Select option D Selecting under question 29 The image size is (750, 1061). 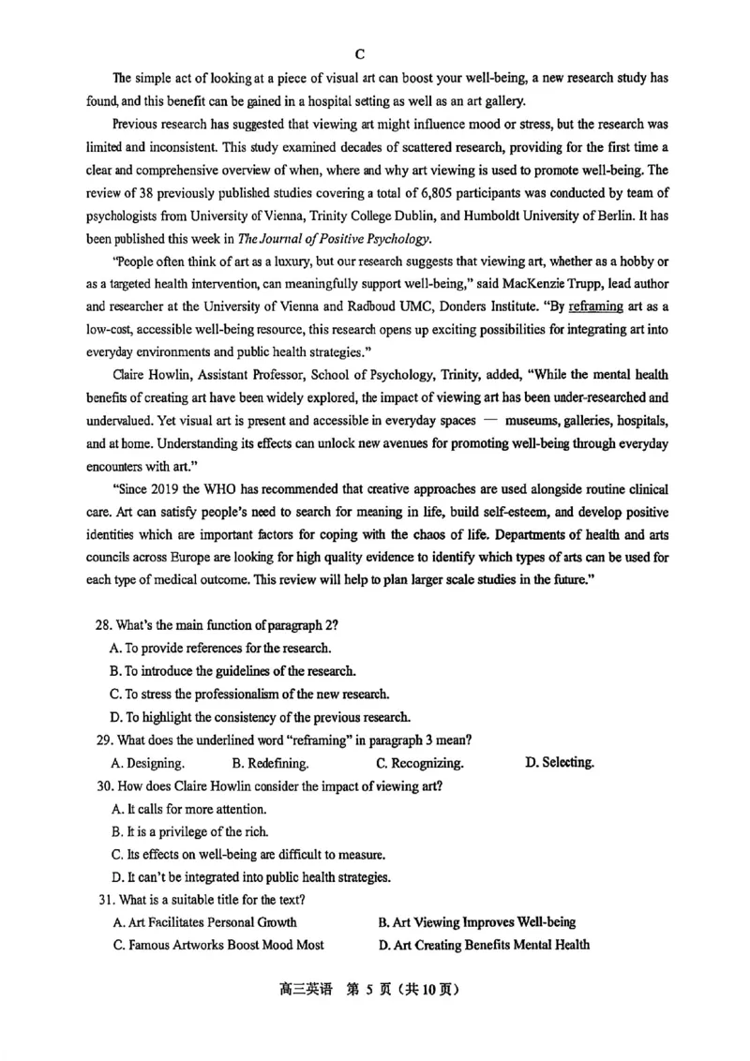coord(560,762)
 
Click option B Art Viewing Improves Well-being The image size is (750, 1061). coord(477,922)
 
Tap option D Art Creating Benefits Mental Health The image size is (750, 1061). coord(485,945)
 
